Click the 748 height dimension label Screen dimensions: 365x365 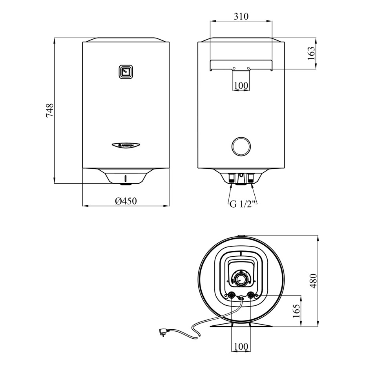pyautogui.click(x=50, y=110)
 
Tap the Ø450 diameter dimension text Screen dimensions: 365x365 pyautogui.click(x=126, y=201)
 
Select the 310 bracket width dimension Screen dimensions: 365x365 pyautogui.click(x=241, y=16)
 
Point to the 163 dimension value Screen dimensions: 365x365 pyautogui.click(x=311, y=53)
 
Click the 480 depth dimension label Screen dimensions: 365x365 pyautogui.click(x=314, y=281)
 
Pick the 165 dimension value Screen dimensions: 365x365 pyautogui.click(x=296, y=311)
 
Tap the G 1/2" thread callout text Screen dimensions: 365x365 pyautogui.click(x=243, y=204)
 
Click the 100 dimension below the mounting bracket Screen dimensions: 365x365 pyautogui.click(x=241, y=86)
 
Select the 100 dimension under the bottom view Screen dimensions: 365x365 pyautogui.click(x=241, y=347)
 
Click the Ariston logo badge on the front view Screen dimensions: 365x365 pyautogui.click(x=126, y=145)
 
